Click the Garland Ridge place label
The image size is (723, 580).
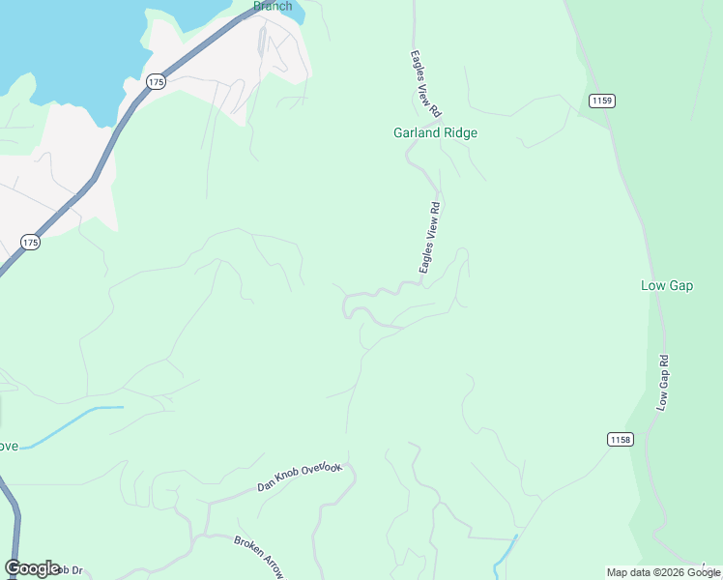point(435,133)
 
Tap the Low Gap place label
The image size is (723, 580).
point(667,285)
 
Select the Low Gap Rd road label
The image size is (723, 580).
point(663,382)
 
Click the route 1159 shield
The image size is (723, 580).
point(600,101)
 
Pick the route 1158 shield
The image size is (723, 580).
point(621,439)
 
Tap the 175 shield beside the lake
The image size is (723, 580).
point(157,83)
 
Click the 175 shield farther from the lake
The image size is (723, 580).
point(31,243)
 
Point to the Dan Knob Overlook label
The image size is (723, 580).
point(300,476)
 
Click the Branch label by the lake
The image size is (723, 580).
point(273,6)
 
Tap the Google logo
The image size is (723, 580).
point(32,568)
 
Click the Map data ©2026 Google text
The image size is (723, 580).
point(663,572)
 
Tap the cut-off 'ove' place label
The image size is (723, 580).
point(8,447)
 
